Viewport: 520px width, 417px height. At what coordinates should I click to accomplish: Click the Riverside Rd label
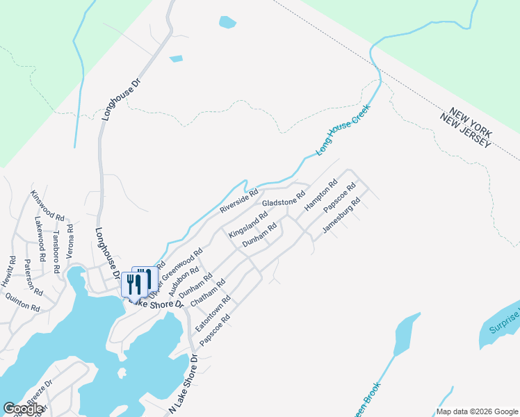[238, 199]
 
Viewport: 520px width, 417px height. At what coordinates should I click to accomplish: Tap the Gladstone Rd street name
[284, 199]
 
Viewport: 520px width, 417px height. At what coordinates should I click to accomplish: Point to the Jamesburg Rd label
[341, 216]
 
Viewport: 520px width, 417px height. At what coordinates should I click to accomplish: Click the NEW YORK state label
[471, 119]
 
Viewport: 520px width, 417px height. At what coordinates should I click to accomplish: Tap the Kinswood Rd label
[47, 206]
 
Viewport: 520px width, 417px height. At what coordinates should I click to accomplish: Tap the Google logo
[23, 409]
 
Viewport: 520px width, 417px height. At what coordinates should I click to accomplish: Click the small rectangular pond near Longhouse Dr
[176, 58]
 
